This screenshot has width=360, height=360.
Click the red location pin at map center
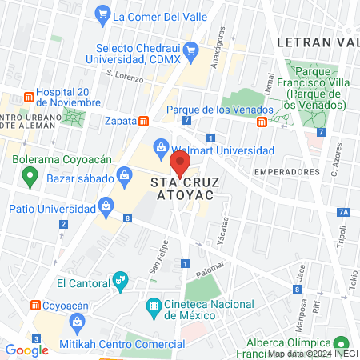181,165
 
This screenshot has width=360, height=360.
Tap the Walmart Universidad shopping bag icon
162,148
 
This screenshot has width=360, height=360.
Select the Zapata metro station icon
143,122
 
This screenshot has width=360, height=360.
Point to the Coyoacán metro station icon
35,305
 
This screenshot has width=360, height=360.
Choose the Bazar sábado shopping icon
124,175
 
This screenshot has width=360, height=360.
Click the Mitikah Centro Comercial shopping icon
78,323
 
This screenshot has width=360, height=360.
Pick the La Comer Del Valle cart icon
102,14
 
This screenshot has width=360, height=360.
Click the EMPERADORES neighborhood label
286,171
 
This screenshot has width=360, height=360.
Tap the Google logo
26,350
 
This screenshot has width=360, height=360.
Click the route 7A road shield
343,212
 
